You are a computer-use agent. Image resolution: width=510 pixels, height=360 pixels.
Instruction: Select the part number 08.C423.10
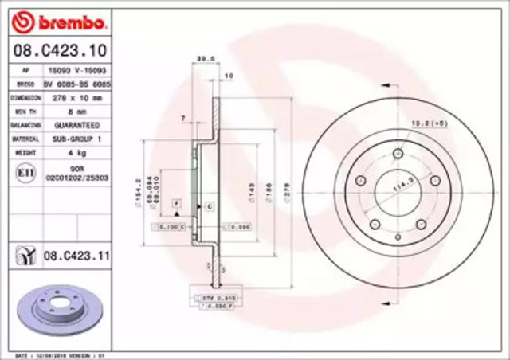51,51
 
